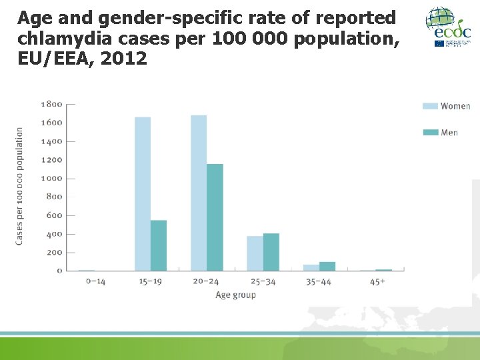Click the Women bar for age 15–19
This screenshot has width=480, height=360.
143,193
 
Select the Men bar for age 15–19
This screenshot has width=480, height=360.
159,245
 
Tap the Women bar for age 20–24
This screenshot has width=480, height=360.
199,193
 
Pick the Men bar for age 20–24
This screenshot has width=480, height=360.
215,217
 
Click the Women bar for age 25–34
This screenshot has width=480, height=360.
255,253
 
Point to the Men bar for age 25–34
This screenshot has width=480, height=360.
271,252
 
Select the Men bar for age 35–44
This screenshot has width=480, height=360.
327,266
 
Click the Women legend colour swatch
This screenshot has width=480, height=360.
431,106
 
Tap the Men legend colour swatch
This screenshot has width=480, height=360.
431,132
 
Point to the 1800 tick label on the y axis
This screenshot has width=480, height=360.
51,104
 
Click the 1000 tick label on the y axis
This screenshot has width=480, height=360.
51,178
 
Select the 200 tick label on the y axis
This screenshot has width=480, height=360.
53,252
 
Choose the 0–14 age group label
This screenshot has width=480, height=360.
96,281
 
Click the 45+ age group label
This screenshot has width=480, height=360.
377,281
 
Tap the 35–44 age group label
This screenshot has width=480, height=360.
318,281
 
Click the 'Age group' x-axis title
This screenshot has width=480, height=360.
235,295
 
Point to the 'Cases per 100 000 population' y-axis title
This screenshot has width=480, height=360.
19,185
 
